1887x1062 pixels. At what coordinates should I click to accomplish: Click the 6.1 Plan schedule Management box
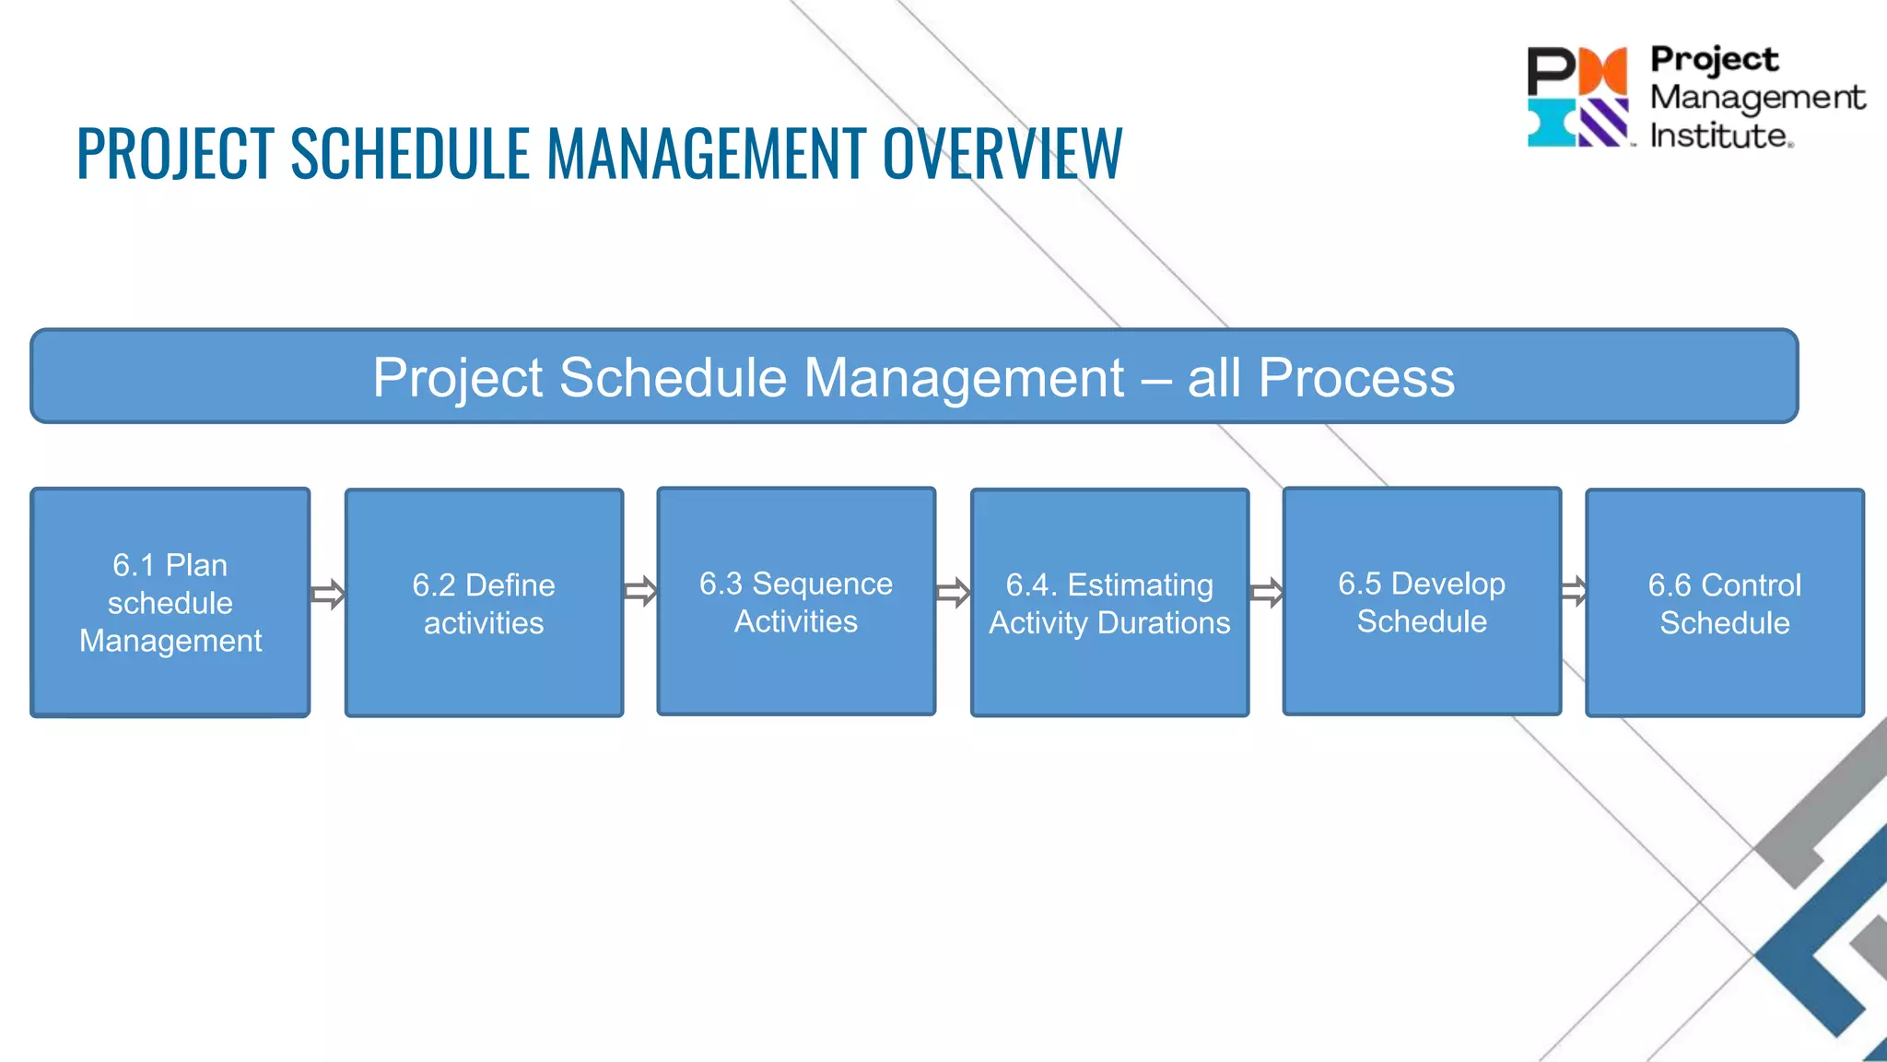click(170, 602)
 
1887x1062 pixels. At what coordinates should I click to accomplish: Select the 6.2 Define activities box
click(484, 603)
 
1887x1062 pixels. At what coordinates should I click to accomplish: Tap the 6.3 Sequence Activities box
click(796, 601)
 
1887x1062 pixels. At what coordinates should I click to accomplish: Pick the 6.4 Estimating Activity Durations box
click(1109, 603)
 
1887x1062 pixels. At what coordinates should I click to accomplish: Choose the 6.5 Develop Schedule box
click(1422, 601)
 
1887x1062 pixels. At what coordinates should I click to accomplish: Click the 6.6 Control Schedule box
click(1724, 603)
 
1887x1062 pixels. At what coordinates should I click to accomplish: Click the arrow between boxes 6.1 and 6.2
click(327, 595)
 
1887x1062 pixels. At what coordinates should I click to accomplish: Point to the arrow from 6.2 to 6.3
click(640, 591)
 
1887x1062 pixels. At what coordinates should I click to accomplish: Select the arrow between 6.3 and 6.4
click(953, 593)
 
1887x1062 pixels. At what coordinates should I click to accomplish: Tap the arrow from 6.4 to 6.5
click(1266, 593)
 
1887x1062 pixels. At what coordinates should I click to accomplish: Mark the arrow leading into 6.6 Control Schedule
click(1574, 591)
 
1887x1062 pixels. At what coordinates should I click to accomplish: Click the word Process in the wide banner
click(1356, 377)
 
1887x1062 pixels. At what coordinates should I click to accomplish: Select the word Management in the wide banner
click(964, 377)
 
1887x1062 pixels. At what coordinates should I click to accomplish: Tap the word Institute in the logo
click(1718, 136)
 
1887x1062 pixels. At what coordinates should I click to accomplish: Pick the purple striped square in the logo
click(1603, 123)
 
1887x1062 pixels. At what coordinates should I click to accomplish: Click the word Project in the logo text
click(1714, 59)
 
